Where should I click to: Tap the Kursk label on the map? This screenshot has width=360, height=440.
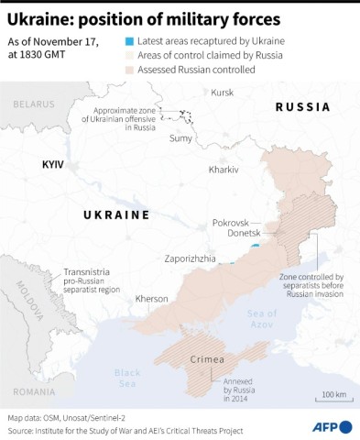tap(222, 93)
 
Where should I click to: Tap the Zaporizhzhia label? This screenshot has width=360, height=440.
tap(191, 259)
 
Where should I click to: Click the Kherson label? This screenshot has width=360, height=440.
tap(151, 298)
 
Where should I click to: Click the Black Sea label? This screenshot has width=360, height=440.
tap(127, 378)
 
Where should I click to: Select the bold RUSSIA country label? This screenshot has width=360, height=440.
tap(302, 107)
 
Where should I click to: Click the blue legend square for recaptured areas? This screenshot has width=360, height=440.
tap(127, 42)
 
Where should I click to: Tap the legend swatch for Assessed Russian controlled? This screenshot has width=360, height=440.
tap(127, 68)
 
